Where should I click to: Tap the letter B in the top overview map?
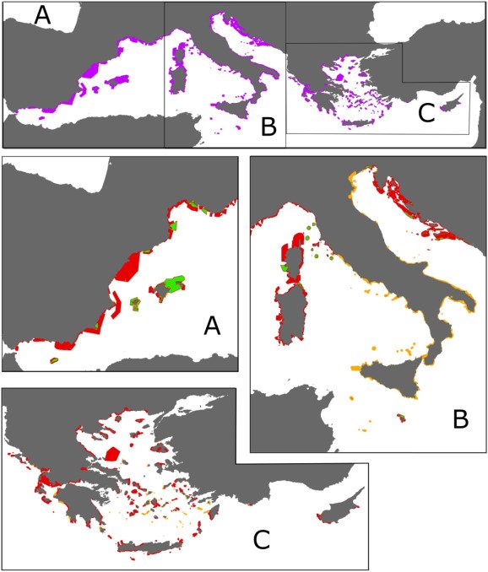coord(268,128)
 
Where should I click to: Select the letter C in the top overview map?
coord(427,114)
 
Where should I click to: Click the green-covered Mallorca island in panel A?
coord(172,286)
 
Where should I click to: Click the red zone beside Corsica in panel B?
coord(290,249)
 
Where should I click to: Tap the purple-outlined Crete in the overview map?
coord(358,123)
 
